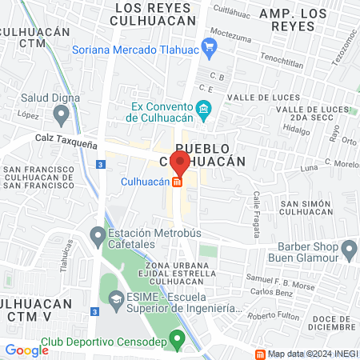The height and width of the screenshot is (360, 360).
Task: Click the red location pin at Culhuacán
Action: (x=180, y=162)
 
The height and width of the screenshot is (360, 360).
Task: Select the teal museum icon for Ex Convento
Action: (x=204, y=109)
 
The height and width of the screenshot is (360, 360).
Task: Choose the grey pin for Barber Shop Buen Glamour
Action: (x=349, y=253)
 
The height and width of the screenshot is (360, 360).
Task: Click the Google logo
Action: (x=26, y=350)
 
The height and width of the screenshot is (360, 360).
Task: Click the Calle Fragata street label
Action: (x=257, y=206)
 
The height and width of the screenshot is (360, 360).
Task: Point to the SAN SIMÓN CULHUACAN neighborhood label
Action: (x=306, y=207)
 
